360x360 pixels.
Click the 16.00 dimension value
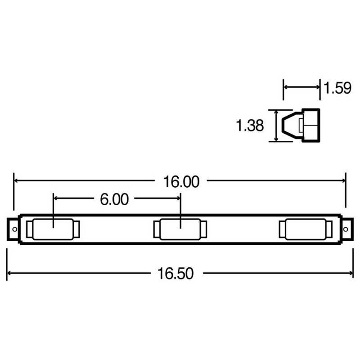[181, 182]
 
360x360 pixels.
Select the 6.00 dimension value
[114, 199]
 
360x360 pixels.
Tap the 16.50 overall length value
[175, 274]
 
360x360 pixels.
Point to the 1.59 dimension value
[337, 88]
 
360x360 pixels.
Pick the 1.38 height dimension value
[250, 126]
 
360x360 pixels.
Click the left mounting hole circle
[15, 229]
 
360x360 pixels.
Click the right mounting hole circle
[346, 229]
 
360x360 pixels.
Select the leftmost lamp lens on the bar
[53, 229]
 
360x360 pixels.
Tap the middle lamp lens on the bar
[180, 229]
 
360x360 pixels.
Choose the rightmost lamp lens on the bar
[306, 229]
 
